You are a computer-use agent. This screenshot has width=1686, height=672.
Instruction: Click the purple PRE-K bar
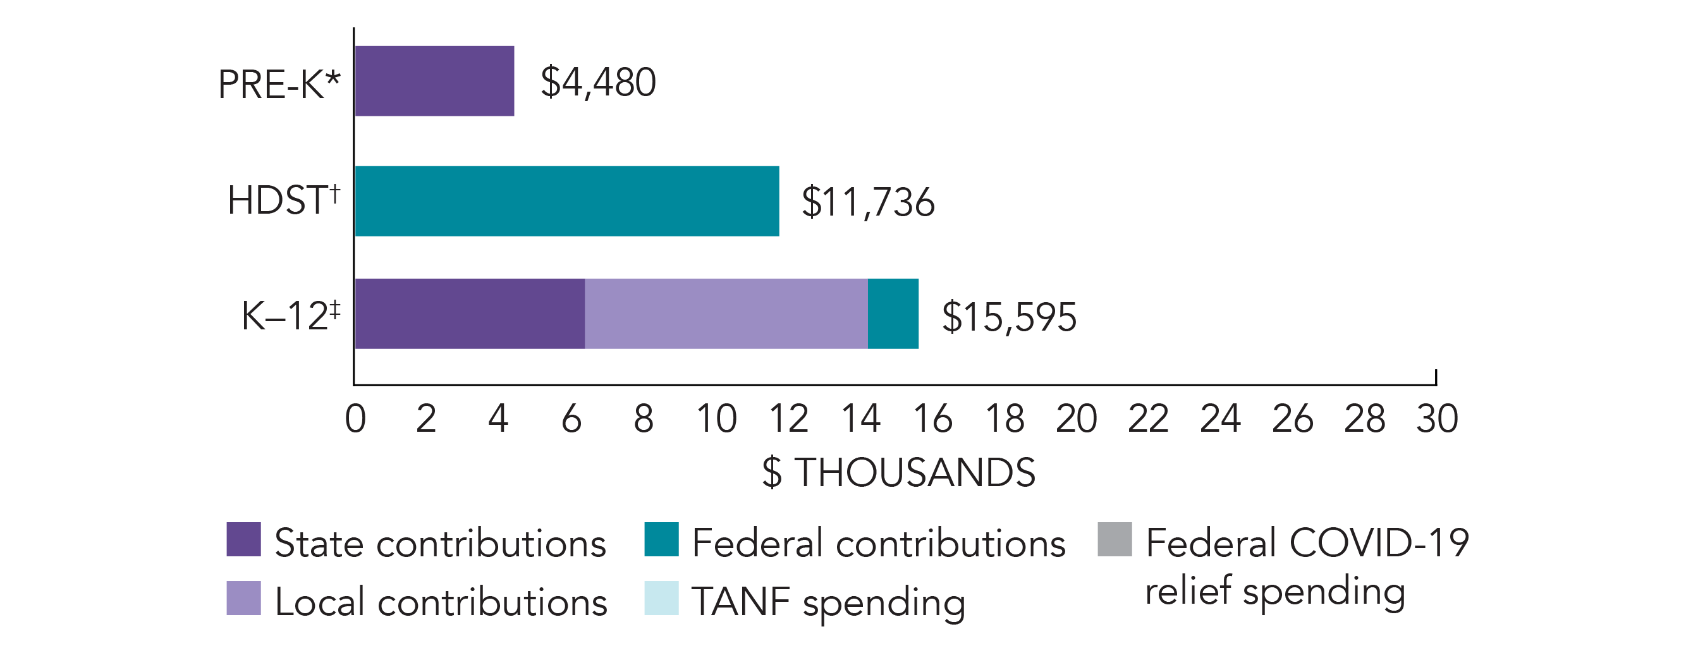click(434, 81)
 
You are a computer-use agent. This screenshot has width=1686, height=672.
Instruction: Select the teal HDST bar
click(567, 201)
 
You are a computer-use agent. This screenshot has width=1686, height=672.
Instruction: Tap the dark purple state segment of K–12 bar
click(469, 314)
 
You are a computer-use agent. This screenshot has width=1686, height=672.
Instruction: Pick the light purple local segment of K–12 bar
click(726, 314)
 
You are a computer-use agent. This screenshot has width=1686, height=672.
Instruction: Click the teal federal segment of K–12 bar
click(893, 314)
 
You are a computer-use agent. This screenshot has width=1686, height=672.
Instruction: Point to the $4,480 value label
click(597, 82)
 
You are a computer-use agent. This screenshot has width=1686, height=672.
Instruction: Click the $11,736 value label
click(868, 202)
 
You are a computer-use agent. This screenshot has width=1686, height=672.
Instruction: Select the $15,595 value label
click(1008, 317)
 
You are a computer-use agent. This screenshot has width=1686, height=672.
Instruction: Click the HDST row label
click(283, 200)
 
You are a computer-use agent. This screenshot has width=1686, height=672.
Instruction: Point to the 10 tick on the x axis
click(716, 418)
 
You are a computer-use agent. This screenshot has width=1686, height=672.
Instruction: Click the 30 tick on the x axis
click(1437, 418)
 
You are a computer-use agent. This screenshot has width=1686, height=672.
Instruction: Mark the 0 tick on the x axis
click(355, 418)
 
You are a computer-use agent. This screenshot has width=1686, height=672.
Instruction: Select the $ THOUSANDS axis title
click(899, 472)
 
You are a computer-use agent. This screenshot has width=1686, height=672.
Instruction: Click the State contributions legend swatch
click(243, 539)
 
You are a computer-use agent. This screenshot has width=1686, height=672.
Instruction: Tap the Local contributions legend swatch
click(243, 598)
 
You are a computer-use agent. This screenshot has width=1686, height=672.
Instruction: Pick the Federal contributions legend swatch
click(661, 539)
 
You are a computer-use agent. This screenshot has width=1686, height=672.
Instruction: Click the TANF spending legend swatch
click(661, 598)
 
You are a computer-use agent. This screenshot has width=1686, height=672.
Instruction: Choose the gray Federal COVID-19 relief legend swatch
click(1115, 539)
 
